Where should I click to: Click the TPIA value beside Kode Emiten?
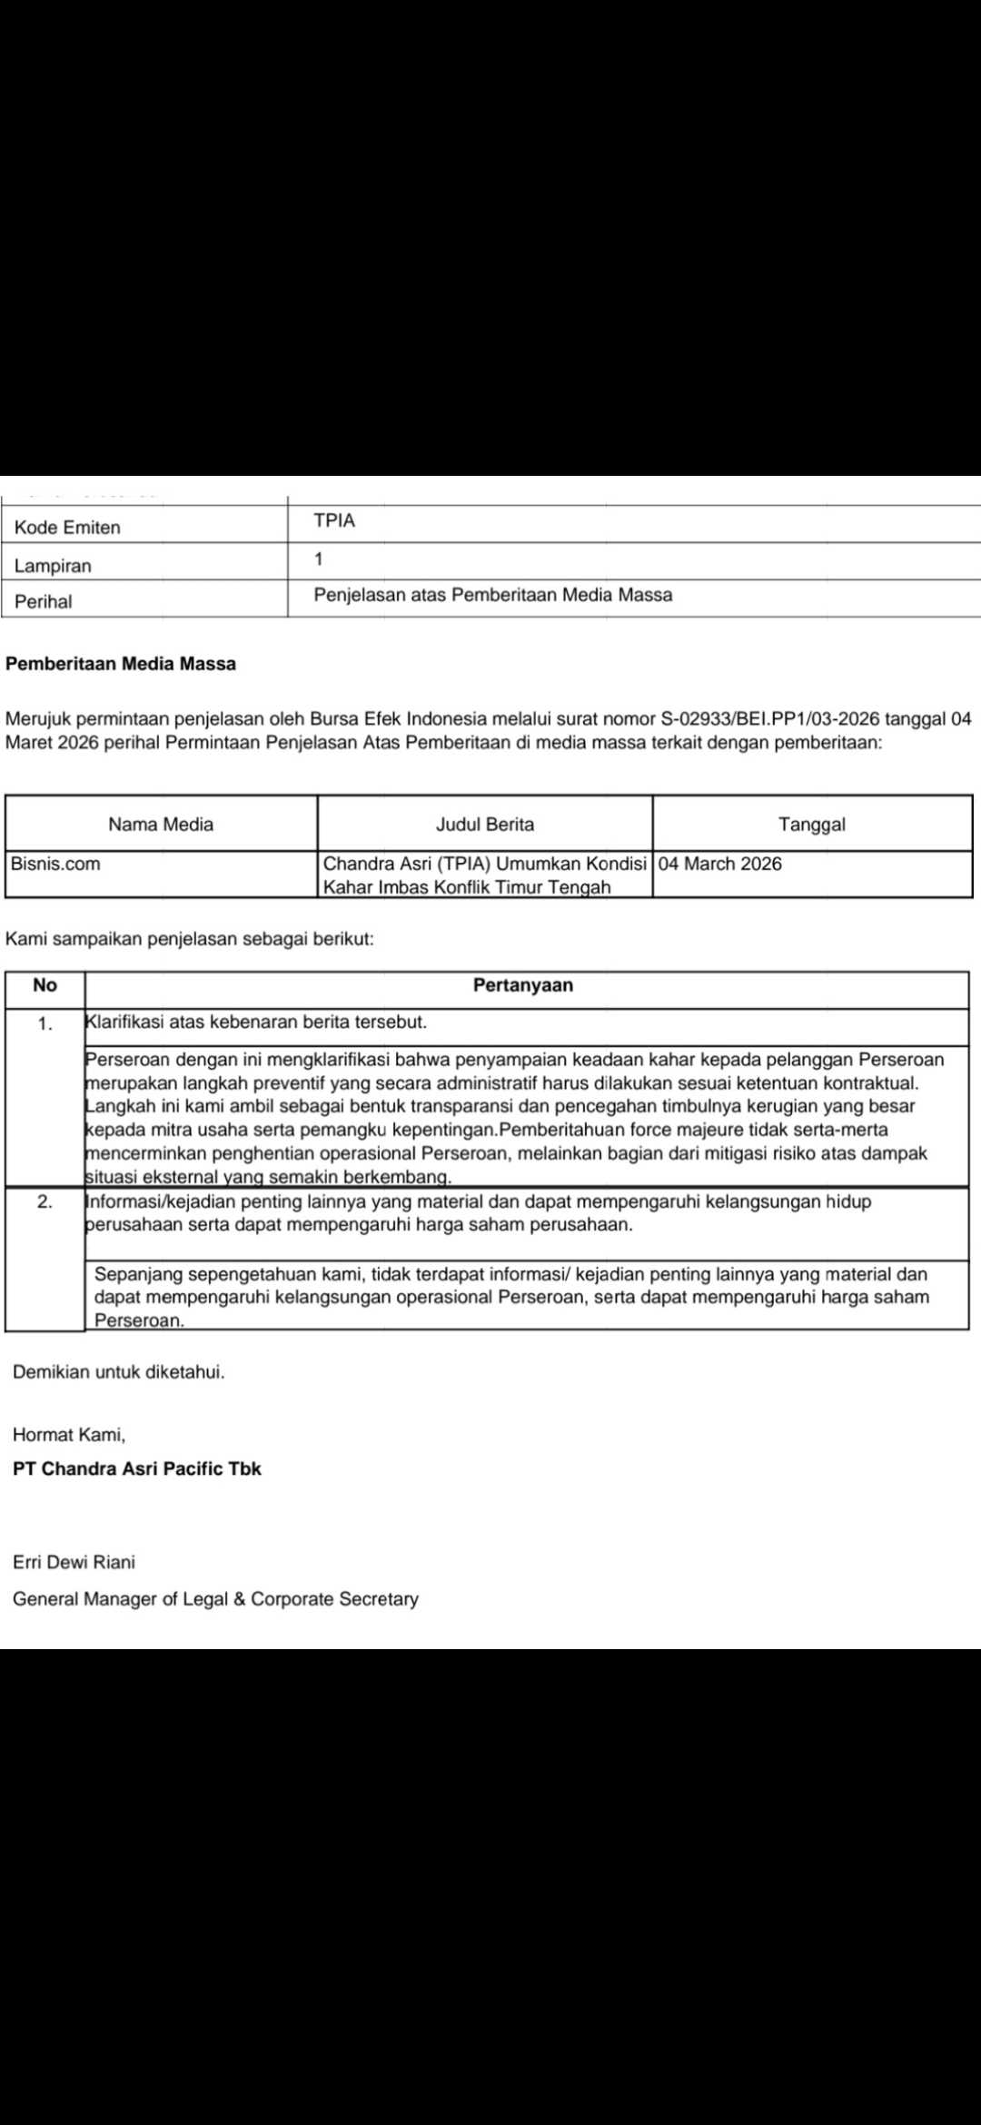click(334, 521)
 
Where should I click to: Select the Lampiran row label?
click(53, 566)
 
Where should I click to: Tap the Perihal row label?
click(43, 601)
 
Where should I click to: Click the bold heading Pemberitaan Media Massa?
click(121, 664)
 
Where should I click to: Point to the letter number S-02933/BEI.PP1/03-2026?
click(770, 719)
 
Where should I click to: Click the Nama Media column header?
click(161, 825)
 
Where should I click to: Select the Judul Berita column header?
click(485, 825)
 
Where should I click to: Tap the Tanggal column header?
click(812, 825)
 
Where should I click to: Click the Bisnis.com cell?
click(55, 864)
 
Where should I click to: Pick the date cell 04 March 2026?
click(720, 864)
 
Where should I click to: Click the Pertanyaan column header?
click(523, 985)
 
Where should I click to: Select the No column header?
click(45, 985)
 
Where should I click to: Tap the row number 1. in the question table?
click(45, 1023)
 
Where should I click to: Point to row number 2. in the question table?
click(45, 1201)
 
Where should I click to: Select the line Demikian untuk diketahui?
click(119, 1372)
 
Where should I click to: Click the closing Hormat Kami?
click(69, 1435)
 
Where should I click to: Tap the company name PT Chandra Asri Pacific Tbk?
click(137, 1468)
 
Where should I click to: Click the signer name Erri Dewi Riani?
click(74, 1562)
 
